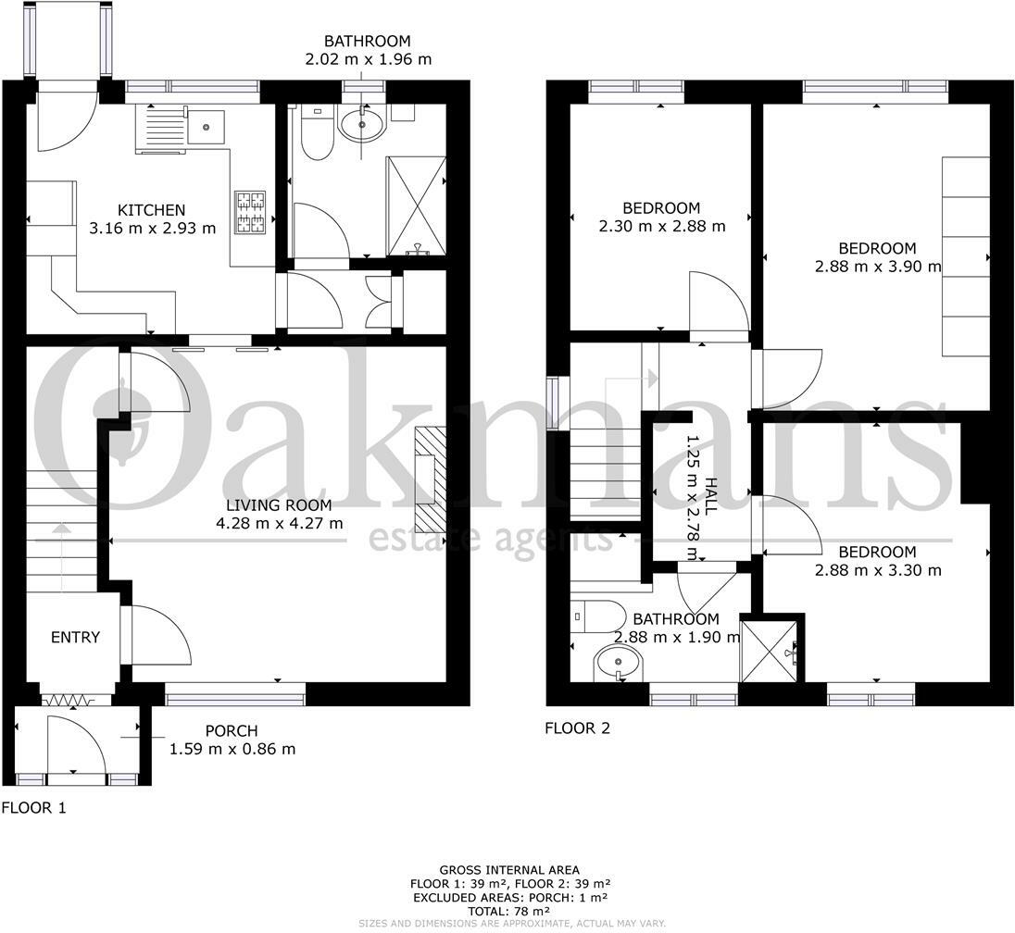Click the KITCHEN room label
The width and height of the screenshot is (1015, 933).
coord(152,209)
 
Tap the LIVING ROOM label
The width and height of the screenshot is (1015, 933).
coord(279,504)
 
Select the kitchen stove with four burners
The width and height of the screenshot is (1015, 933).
coord(251,212)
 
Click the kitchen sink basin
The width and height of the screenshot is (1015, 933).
coord(206,127)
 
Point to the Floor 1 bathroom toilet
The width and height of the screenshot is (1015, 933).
coord(317,132)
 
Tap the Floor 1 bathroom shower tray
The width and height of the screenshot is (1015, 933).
coord(416,206)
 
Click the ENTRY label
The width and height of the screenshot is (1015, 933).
coord(75,638)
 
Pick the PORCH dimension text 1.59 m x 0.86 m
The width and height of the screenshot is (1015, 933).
coord(232,749)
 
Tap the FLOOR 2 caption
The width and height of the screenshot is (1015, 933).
coord(577,728)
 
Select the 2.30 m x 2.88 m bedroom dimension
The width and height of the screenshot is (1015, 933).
coord(661,227)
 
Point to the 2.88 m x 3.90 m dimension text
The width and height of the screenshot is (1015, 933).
coord(878,267)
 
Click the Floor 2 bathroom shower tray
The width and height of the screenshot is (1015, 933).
coord(769,651)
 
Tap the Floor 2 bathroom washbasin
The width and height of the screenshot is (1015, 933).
coord(620,663)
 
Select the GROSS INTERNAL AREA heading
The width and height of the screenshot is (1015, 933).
coord(509,870)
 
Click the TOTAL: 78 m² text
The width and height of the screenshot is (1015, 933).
coord(509,911)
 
